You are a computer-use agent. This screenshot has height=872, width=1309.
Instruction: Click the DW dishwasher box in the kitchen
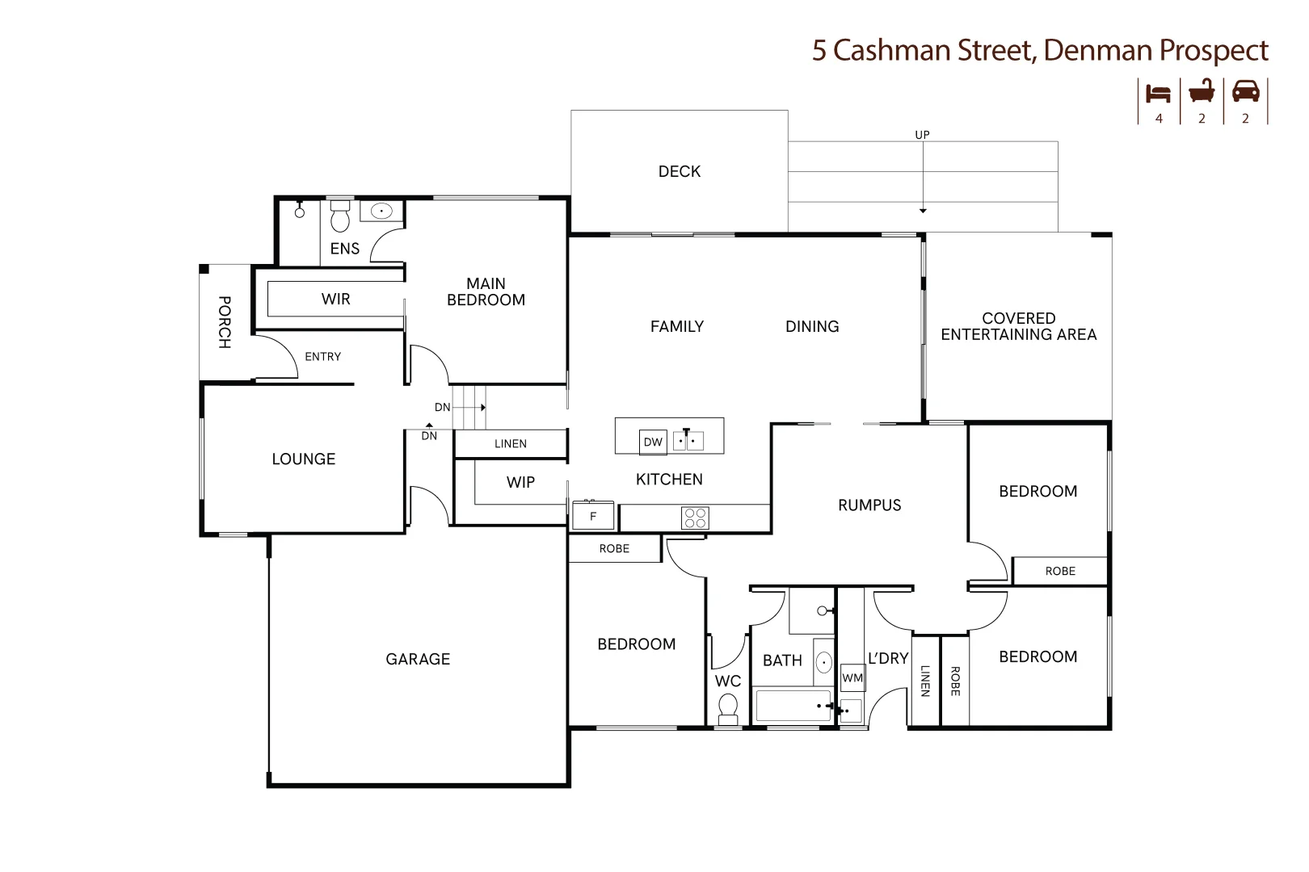click(x=653, y=442)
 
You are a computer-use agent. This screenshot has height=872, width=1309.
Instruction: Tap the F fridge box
click(x=593, y=517)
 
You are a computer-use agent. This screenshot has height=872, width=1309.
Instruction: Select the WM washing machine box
click(x=852, y=677)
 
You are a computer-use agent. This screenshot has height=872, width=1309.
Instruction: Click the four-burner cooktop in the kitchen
click(x=695, y=518)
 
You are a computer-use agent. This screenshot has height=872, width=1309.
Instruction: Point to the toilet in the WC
click(x=728, y=708)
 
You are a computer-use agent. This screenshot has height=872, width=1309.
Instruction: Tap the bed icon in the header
click(x=1159, y=93)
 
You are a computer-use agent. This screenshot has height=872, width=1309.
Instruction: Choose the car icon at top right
click(x=1245, y=91)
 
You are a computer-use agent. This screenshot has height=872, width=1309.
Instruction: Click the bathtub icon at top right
click(x=1202, y=91)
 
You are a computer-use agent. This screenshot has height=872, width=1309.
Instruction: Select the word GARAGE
click(x=418, y=659)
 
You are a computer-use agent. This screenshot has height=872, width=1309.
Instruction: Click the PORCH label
click(x=225, y=321)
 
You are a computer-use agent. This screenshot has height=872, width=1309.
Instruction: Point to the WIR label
click(x=335, y=300)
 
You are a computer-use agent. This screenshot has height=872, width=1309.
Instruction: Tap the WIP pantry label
click(x=520, y=482)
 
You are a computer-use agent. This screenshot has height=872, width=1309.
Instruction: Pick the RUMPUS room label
click(x=869, y=505)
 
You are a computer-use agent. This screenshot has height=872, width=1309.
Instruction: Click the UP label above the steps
click(x=922, y=135)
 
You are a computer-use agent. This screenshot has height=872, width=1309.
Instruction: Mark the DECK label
click(x=680, y=171)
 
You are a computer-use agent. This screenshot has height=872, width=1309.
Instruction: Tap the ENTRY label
click(x=322, y=356)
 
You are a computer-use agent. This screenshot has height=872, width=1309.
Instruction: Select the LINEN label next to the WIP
click(x=511, y=443)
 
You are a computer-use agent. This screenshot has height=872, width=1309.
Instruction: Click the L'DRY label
click(x=888, y=658)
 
